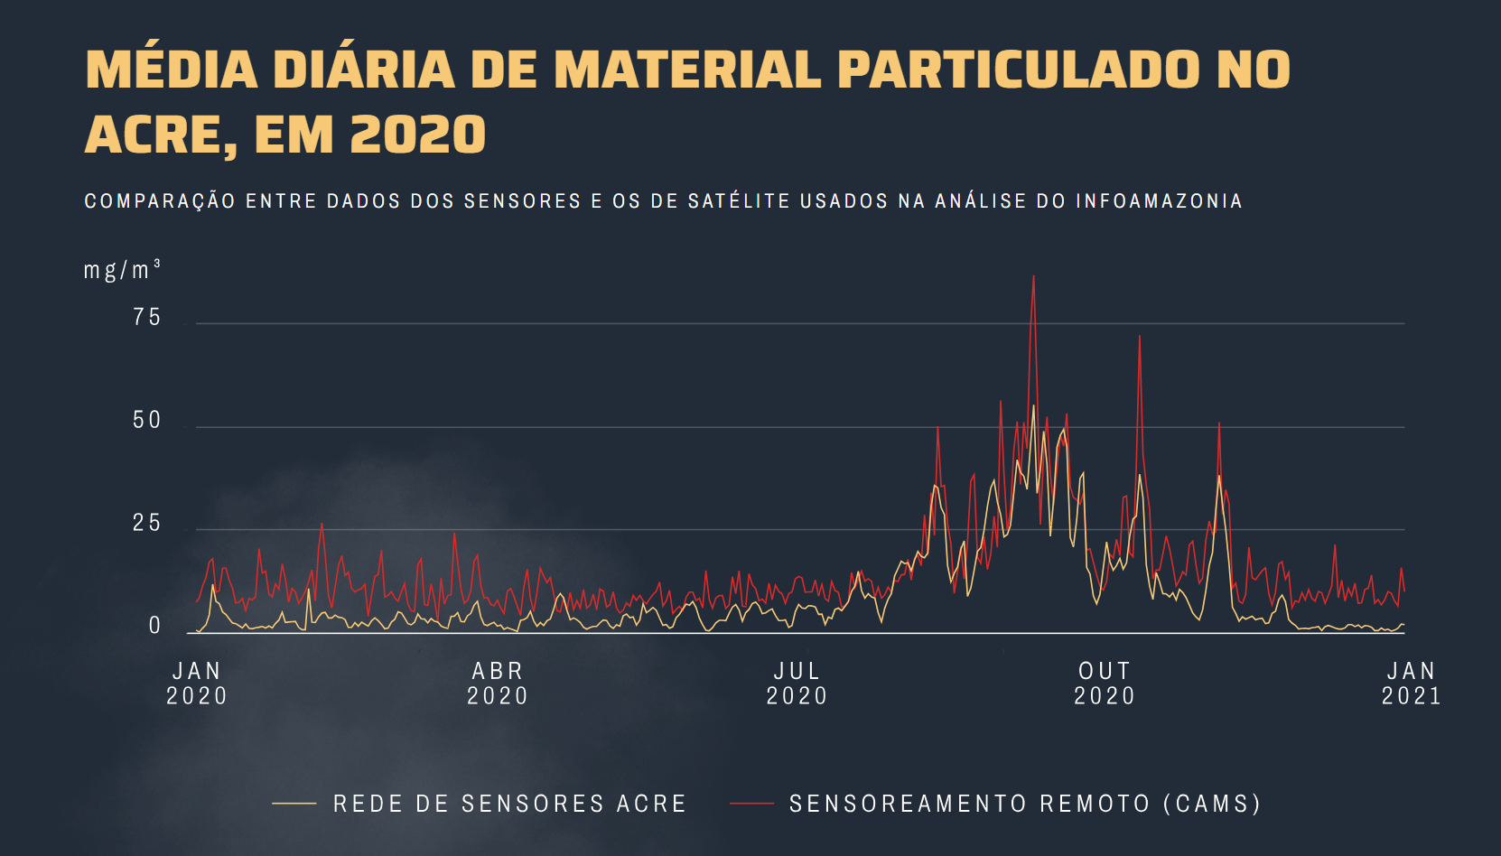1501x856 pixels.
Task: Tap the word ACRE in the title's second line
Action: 154,135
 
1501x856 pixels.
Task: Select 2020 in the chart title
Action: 418,135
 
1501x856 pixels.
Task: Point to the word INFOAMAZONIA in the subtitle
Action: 1159,201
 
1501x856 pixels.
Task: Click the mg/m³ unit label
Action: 122,270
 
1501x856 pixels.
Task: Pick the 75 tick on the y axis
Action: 147,318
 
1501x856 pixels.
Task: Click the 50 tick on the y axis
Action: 147,421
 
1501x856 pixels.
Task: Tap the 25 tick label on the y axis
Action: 147,524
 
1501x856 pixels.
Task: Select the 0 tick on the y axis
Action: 154,627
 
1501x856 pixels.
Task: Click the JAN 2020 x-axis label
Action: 197,684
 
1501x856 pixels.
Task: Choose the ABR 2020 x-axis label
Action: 498,684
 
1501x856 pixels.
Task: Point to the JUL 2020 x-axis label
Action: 797,684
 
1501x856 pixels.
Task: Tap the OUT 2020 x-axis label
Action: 1105,684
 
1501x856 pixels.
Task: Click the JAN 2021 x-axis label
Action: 1412,684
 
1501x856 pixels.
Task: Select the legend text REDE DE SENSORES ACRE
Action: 510,804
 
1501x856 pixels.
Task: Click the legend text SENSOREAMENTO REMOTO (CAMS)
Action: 1025,804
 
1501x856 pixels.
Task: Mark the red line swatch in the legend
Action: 751,803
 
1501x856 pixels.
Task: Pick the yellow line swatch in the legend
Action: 294,803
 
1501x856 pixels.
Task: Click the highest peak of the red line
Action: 1033,277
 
